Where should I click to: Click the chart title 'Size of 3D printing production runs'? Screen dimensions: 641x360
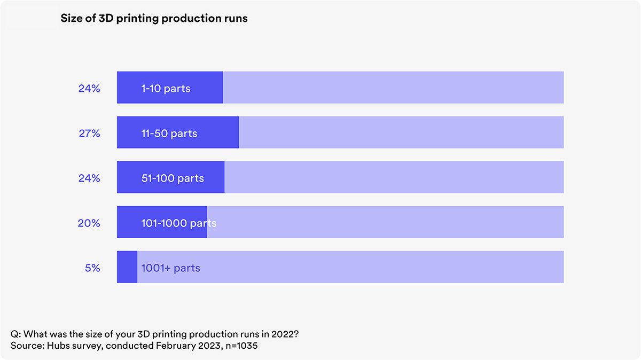pyautogui.click(x=154, y=19)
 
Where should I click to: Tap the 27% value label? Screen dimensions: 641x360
pyautogui.click(x=89, y=134)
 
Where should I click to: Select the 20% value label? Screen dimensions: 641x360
pyautogui.click(x=89, y=223)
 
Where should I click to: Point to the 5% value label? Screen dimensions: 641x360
pyautogui.click(x=92, y=268)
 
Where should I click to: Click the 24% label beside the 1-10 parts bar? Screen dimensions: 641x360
pyautogui.click(x=89, y=89)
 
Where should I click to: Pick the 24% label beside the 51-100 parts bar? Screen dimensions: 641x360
pyautogui.click(x=89, y=178)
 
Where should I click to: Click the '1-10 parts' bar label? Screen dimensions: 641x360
pyautogui.click(x=166, y=89)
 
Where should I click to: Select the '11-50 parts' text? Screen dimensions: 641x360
pyautogui.click(x=169, y=134)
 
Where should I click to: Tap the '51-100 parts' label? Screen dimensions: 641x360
pyautogui.click(x=173, y=178)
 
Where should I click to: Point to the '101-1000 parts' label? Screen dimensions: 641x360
pyautogui.click(x=179, y=223)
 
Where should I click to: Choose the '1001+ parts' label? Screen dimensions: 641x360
pyautogui.click(x=170, y=269)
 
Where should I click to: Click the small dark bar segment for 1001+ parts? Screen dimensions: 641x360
pyautogui.click(x=127, y=267)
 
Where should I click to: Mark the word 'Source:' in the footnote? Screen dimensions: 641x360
pyautogui.click(x=27, y=346)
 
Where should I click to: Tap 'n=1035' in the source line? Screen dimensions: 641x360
pyautogui.click(x=241, y=346)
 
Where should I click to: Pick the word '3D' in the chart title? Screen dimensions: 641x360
pyautogui.click(x=106, y=18)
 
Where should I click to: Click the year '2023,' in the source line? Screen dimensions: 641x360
pyautogui.click(x=210, y=346)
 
